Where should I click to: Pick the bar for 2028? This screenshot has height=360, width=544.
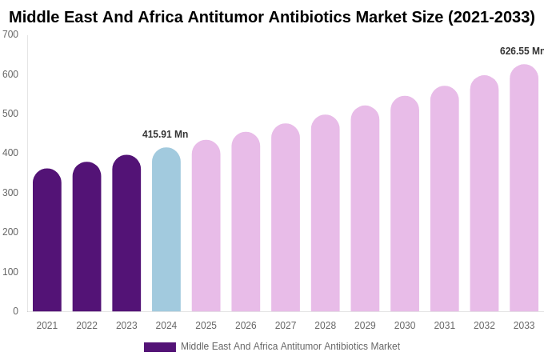point(326,214)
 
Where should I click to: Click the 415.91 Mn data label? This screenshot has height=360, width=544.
point(165,134)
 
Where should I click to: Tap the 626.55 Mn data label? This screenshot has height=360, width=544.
point(522,51)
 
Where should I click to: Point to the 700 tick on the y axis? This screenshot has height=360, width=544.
point(10,34)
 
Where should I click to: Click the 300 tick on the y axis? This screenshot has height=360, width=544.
point(10,193)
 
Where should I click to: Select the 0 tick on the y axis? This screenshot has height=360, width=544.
point(15,311)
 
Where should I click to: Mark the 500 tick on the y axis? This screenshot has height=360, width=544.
point(10,114)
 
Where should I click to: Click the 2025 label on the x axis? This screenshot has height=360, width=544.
point(206,326)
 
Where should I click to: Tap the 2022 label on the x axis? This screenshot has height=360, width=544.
point(86,326)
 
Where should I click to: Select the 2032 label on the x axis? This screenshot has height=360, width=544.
point(484,326)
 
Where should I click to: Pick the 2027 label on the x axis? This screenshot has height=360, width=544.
point(286,326)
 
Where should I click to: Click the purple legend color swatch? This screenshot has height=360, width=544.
point(159,347)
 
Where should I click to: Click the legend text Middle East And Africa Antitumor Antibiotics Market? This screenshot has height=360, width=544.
point(290,346)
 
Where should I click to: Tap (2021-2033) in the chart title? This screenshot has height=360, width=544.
point(491,17)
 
